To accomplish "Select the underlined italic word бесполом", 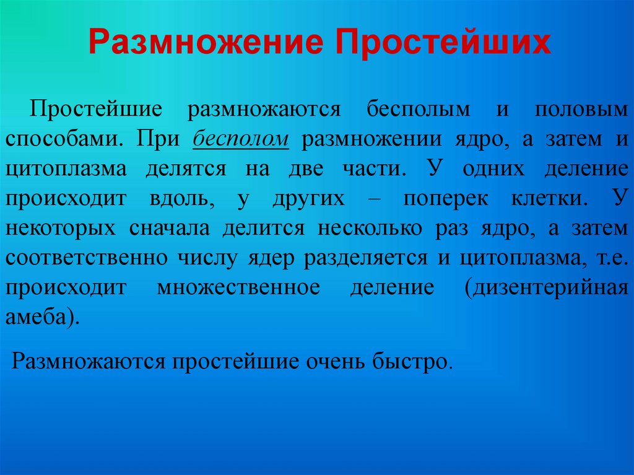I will click(x=241, y=139).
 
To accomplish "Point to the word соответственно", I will click(x=87, y=257).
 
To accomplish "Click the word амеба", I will click(x=41, y=316).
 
